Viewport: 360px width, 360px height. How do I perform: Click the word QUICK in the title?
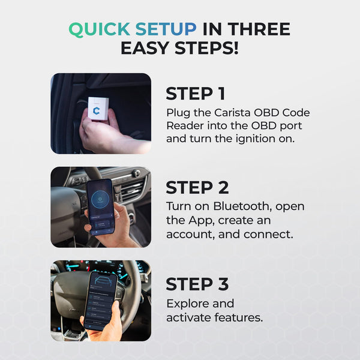[98, 29]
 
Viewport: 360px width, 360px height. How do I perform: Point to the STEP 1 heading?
[196, 94]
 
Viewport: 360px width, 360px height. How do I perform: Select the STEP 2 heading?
[197, 188]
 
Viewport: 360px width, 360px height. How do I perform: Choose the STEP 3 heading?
[197, 284]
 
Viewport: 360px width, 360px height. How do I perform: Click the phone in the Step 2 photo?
[101, 206]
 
